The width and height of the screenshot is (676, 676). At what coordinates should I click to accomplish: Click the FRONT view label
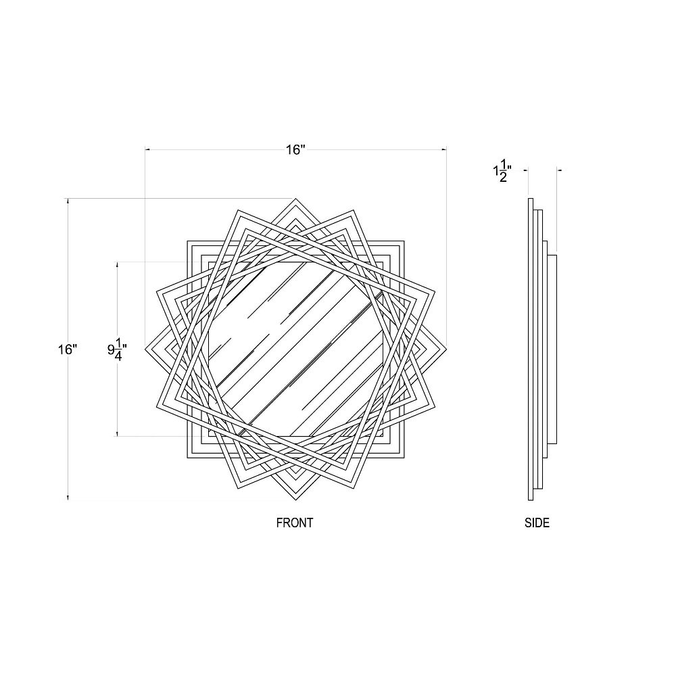coord(295,523)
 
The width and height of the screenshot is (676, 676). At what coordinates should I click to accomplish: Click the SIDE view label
coord(537,523)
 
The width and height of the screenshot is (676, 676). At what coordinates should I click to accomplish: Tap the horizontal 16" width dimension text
coord(295,149)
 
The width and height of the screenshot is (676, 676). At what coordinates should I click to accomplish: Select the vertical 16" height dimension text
coord(68,349)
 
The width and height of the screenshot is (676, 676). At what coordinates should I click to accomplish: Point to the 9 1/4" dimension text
coord(117,349)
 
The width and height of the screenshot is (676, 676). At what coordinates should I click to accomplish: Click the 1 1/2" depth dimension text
coord(502,172)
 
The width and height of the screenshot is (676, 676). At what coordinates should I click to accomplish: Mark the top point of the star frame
coord(296,199)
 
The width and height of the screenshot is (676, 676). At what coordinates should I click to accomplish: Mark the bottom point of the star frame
coord(296,500)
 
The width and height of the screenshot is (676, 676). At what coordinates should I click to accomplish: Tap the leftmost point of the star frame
coord(145,349)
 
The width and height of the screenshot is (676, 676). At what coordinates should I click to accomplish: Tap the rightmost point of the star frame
coord(446,349)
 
